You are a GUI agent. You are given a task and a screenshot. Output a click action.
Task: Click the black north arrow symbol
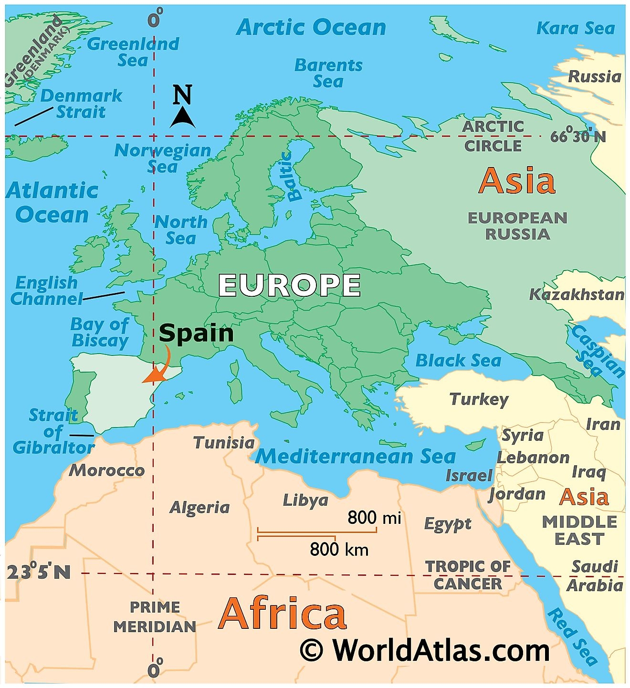[x=182, y=117]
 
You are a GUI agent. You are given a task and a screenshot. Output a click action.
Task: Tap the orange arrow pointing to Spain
[x=159, y=369]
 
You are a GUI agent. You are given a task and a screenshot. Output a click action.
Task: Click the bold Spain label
[x=196, y=333]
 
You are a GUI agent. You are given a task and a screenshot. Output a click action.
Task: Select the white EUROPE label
[x=289, y=285]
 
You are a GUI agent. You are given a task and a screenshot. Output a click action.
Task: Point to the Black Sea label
[x=458, y=360]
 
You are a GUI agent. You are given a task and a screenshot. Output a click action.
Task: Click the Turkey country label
[x=479, y=399]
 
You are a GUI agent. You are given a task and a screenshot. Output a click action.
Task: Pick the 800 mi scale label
[x=374, y=517]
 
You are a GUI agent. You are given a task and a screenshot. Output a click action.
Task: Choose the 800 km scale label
[x=339, y=549]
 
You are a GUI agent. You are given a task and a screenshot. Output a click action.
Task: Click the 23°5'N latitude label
[x=39, y=572]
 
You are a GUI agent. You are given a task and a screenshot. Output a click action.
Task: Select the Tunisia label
[x=224, y=443]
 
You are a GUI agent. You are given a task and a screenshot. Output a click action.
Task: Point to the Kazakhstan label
[x=577, y=294]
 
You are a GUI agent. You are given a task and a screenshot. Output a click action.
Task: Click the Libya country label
[x=305, y=500]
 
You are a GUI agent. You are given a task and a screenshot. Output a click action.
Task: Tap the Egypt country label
[x=448, y=524]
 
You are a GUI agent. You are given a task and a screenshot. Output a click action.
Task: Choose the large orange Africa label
[x=282, y=614]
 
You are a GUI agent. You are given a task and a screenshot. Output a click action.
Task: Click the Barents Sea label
[x=328, y=73]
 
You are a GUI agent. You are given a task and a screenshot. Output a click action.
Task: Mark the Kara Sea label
[x=576, y=28]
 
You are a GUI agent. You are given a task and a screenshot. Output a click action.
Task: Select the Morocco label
[x=107, y=470]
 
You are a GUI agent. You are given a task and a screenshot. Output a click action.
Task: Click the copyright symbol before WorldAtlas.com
[x=312, y=650]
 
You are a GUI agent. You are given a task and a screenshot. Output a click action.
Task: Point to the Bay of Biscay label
[x=100, y=333]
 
